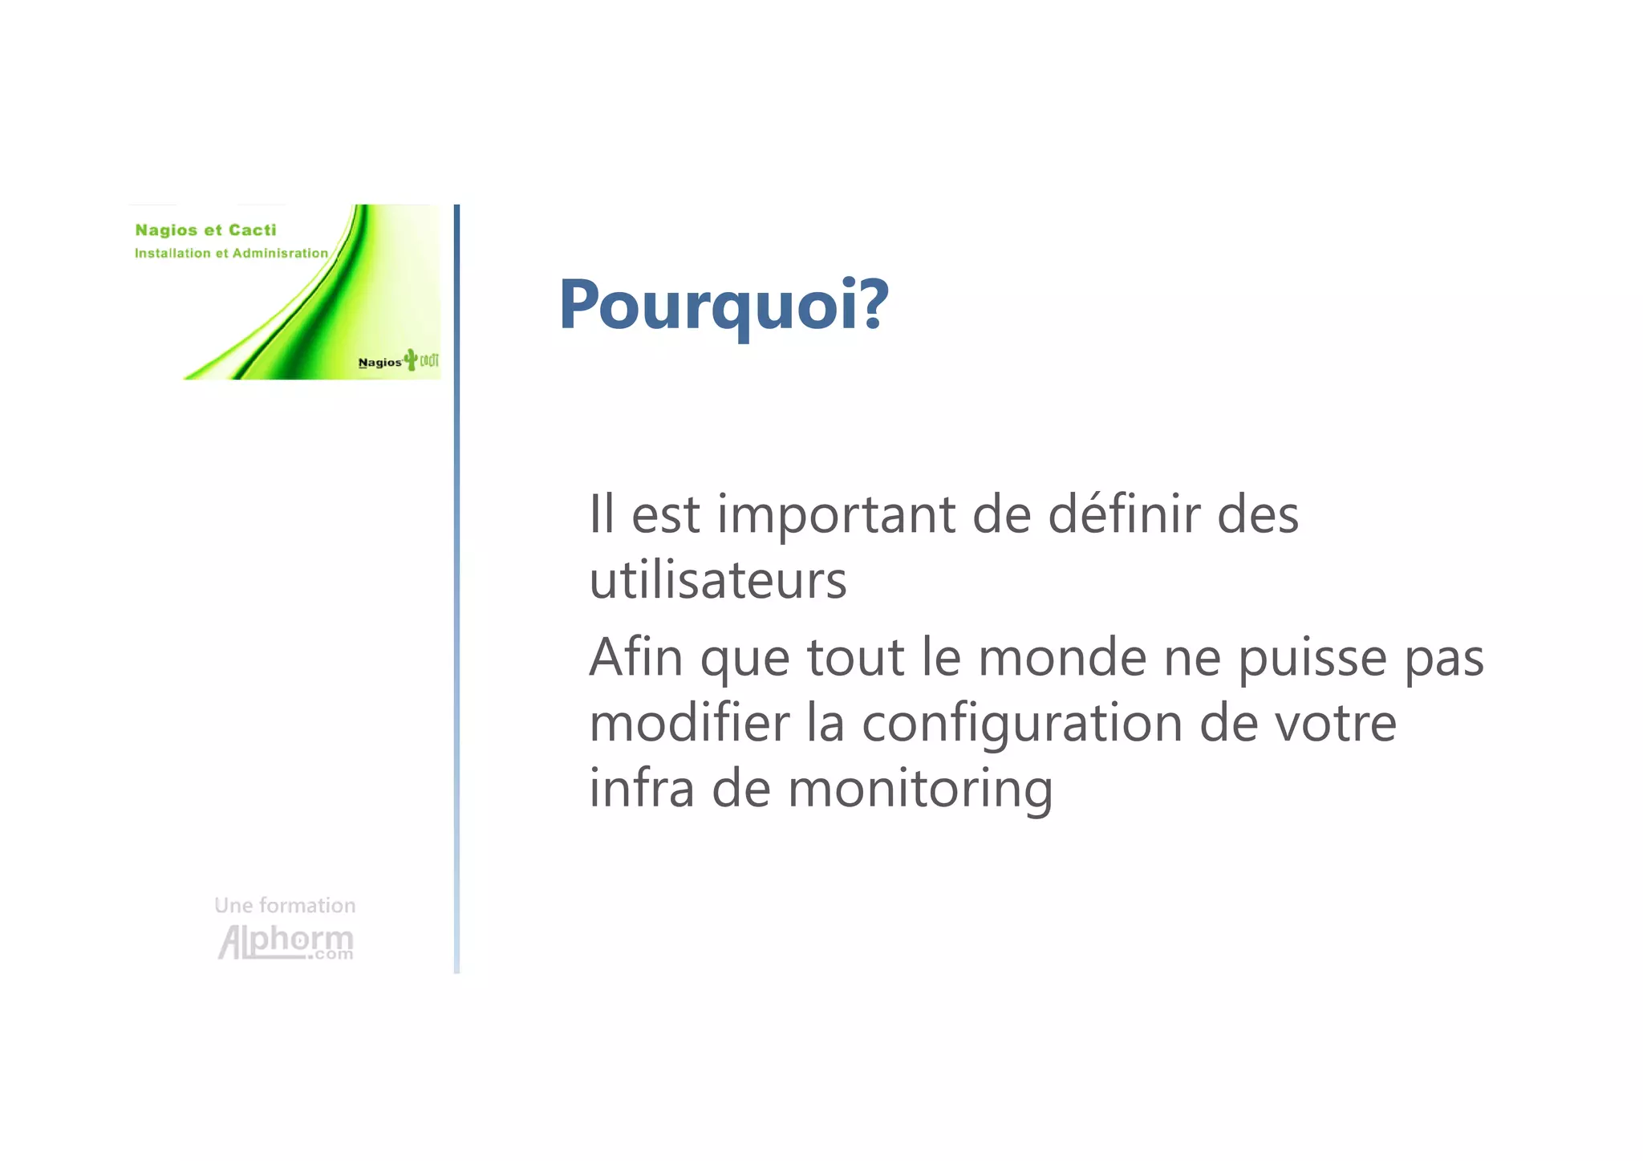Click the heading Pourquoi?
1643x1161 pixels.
(x=724, y=305)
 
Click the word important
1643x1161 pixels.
(x=835, y=514)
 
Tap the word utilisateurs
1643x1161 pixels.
(x=717, y=580)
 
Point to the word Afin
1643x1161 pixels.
(x=635, y=657)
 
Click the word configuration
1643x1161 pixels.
(x=1022, y=724)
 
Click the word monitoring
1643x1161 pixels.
(x=920, y=789)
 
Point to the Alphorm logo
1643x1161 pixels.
(x=286, y=942)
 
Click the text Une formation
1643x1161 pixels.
(x=285, y=905)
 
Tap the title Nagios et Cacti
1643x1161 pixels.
(x=205, y=230)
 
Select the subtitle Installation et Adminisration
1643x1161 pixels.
(x=231, y=254)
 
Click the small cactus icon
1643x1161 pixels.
(x=412, y=359)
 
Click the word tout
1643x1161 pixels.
(x=855, y=657)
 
